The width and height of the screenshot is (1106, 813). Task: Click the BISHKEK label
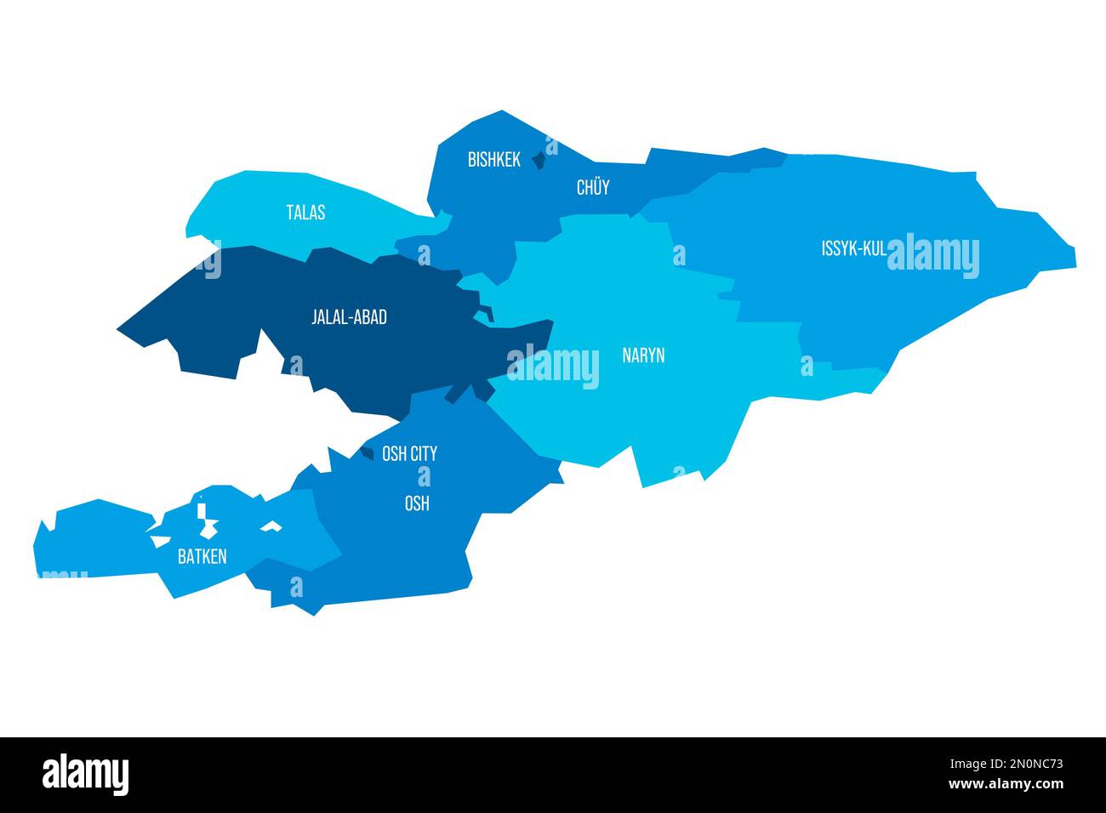pos(493,159)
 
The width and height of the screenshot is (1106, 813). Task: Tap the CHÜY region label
pos(593,187)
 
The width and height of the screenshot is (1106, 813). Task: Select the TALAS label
pos(305,213)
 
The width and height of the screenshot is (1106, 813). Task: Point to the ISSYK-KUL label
pos(853,248)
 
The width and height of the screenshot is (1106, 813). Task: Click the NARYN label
pos(643,355)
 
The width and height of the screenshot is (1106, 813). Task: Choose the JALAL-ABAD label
pos(349,317)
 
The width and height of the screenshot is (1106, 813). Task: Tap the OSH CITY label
pos(409,453)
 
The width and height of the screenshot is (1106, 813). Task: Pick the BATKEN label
pos(202,557)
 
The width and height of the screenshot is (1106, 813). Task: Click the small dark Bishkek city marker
pos(538,159)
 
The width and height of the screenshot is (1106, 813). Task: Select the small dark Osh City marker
pos(367,453)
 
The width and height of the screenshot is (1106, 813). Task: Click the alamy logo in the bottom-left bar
pos(86,774)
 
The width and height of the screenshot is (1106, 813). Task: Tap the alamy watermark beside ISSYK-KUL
pos(933,256)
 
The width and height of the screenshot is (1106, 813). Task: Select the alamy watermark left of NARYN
pos(553,367)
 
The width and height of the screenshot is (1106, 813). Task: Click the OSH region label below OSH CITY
pos(416,503)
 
